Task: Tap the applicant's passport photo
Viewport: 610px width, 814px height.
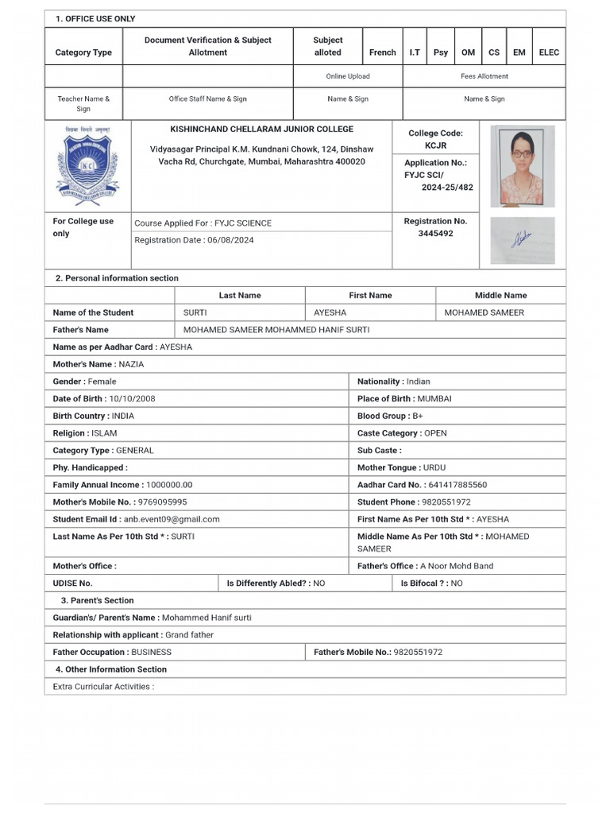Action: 523,165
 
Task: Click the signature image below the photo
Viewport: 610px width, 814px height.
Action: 523,239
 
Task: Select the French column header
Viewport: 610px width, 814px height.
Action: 382,52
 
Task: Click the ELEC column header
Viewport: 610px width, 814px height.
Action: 549,52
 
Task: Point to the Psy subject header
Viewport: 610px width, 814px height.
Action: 441,52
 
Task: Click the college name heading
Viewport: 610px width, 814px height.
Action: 261,129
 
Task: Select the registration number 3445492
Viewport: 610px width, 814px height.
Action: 435,234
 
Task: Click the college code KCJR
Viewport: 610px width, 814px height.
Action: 435,146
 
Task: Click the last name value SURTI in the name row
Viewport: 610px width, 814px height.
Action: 195,312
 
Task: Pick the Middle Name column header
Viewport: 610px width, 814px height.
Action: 500,295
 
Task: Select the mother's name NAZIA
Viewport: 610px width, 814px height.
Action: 131,364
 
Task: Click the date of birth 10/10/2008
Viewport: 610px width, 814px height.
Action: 132,398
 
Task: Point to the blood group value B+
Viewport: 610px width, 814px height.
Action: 418,416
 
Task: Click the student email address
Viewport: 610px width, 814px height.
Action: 172,519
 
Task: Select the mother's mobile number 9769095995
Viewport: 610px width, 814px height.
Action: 162,502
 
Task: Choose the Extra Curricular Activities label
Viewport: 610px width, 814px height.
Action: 103,687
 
